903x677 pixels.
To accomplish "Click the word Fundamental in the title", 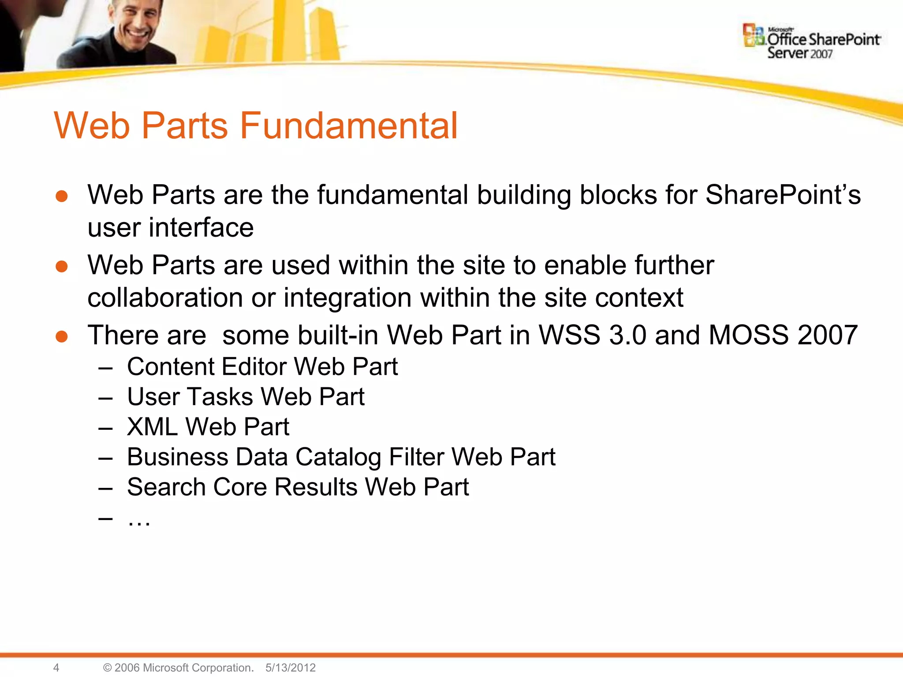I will coord(348,126).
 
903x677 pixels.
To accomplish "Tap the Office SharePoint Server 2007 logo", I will coord(812,42).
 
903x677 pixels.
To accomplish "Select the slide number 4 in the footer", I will coord(56,667).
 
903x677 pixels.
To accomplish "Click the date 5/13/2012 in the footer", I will coord(291,667).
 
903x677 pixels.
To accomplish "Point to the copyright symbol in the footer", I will coord(107,667).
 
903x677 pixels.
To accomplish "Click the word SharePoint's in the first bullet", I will coord(783,195).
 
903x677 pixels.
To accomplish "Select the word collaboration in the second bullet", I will coord(165,298).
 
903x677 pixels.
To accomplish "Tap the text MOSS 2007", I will coord(783,335).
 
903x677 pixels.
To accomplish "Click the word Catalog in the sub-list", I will coord(338,457).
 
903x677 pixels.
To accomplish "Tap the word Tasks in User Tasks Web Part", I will coord(220,397).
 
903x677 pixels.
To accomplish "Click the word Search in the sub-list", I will coord(166,487).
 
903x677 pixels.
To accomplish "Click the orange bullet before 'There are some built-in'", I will coord(62,337).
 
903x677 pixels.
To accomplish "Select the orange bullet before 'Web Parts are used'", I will coord(62,267).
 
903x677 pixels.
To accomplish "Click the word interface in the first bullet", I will coord(201,228).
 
